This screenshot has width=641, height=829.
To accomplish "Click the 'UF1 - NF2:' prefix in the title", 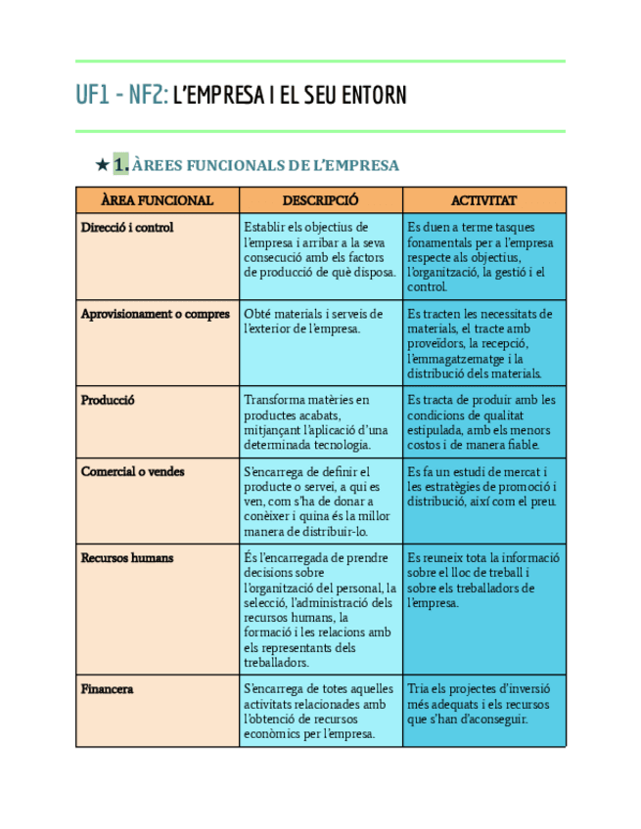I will click(121, 96).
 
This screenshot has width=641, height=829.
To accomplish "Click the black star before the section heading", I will click(101, 165).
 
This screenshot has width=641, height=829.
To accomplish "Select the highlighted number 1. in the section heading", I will click(121, 165).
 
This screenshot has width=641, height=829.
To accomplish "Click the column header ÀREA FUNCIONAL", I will click(157, 200).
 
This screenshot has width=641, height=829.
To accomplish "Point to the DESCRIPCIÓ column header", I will click(320, 200).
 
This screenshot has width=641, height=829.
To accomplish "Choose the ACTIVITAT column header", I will click(483, 200).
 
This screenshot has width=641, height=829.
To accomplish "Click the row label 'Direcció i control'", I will click(127, 228).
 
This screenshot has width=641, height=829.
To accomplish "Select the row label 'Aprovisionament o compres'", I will click(156, 314).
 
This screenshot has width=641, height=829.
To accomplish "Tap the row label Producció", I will click(108, 400).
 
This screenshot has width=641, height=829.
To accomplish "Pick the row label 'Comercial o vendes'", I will click(132, 471).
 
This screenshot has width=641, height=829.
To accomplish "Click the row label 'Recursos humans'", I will click(127, 557).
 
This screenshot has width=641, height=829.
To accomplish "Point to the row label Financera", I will click(107, 689).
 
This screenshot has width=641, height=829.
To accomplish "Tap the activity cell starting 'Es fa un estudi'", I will click(481, 486).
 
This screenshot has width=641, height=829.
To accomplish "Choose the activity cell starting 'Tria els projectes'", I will click(479, 704).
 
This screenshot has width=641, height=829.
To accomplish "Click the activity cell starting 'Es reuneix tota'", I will click(482, 580).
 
